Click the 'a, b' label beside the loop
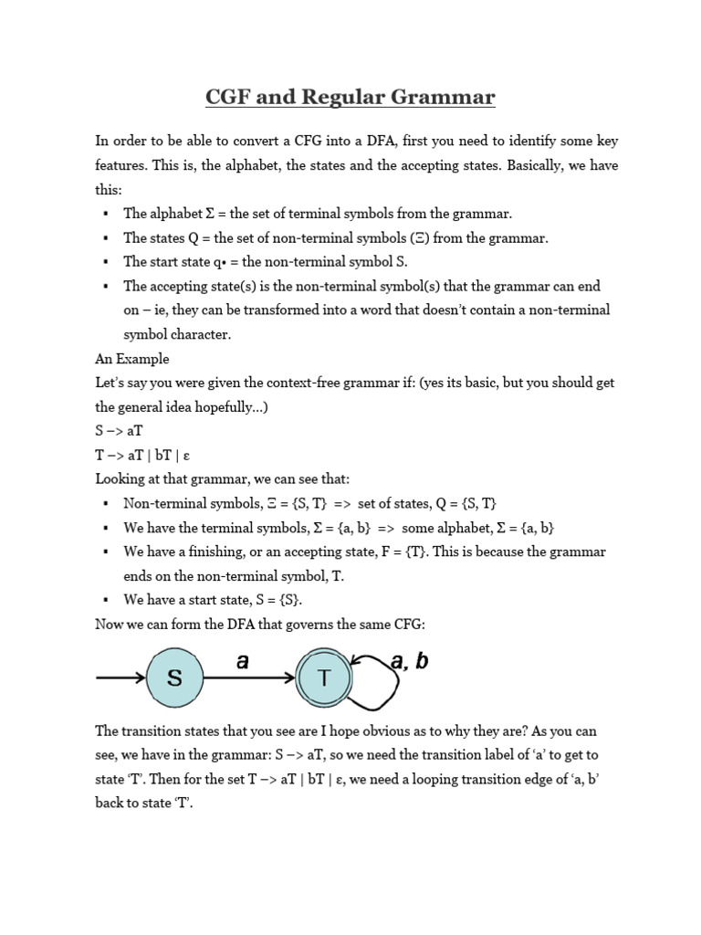pyautogui.click(x=409, y=662)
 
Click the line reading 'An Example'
pyautogui.click(x=131, y=359)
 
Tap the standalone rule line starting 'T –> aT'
pyautogui.click(x=142, y=455)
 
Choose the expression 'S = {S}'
pyautogui.click(x=276, y=600)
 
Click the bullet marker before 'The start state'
pyautogui.click(x=106, y=263)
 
